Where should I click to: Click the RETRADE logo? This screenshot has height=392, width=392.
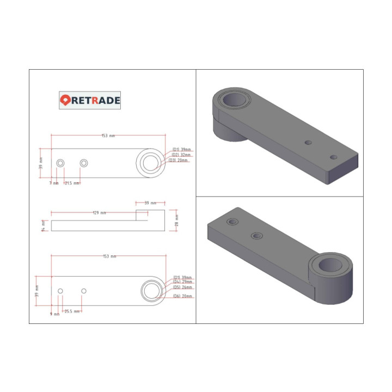(x=90, y=100)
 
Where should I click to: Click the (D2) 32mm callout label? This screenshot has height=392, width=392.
(x=181, y=155)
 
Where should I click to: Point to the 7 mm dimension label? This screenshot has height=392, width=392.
(x=54, y=183)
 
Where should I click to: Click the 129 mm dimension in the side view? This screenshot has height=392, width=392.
(x=100, y=213)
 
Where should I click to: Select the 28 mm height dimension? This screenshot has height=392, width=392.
(x=176, y=220)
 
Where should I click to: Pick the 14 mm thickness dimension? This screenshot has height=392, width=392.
(x=43, y=225)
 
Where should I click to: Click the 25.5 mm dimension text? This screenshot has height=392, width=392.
(x=72, y=311)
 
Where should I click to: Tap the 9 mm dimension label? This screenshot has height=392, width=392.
(x=54, y=314)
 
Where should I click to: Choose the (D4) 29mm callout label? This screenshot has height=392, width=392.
(x=182, y=282)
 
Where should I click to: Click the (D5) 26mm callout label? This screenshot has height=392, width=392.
(x=182, y=287)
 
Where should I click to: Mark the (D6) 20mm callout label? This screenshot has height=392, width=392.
(x=182, y=296)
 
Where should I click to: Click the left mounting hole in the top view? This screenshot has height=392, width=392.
(x=60, y=163)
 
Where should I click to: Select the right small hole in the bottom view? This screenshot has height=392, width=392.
(x=84, y=291)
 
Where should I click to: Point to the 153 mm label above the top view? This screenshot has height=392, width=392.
(x=108, y=136)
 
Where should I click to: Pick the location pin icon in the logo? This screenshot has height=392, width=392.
(x=65, y=100)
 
